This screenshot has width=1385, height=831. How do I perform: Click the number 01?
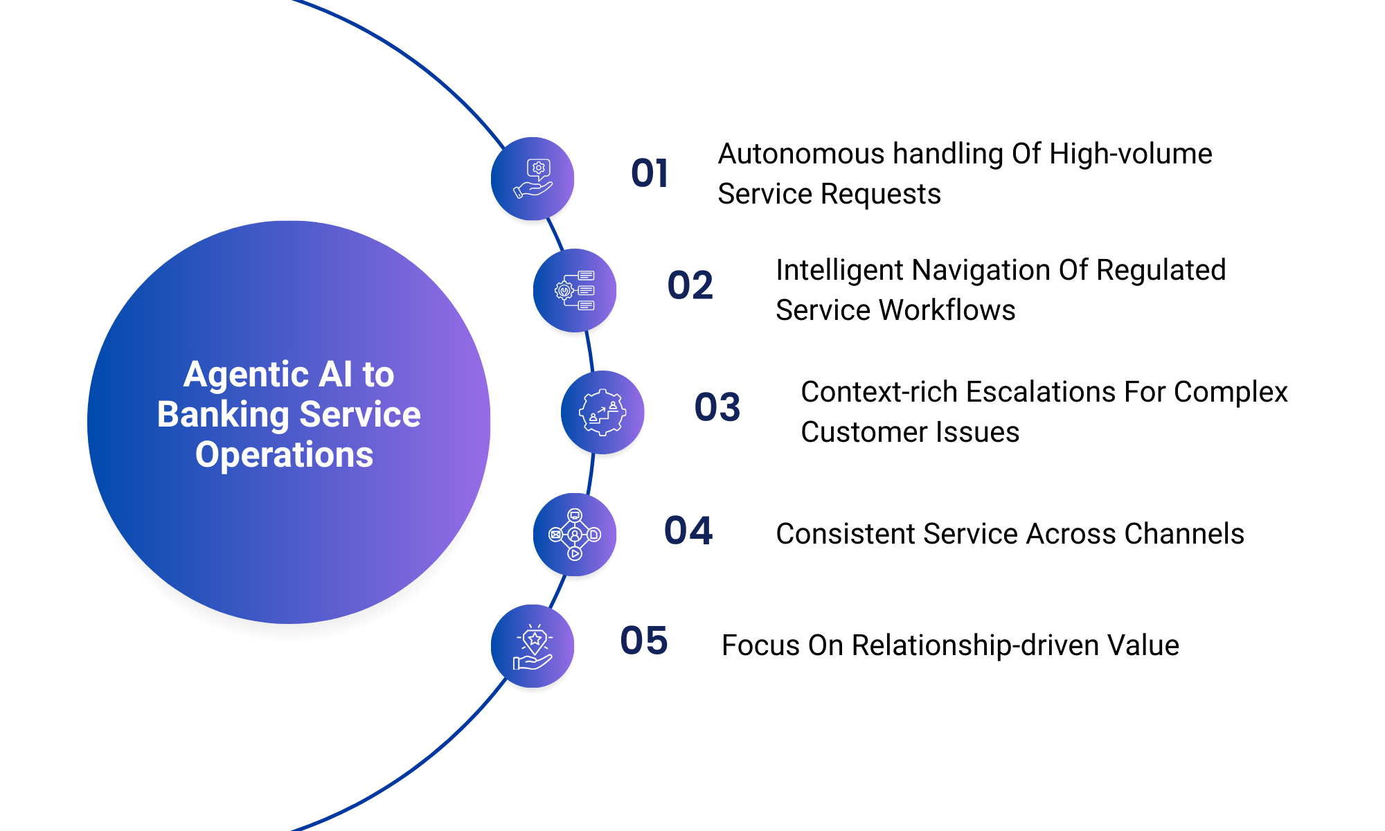(649, 173)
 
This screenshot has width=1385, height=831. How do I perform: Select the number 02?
(690, 285)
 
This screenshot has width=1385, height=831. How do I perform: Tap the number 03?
(717, 407)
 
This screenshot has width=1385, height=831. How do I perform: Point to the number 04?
(688, 531)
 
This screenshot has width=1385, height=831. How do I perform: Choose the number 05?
(643, 641)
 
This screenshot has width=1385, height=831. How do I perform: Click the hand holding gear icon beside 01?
(533, 179)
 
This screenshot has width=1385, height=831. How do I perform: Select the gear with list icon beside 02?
(575, 290)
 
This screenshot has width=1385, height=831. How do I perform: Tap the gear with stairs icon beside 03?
(602, 412)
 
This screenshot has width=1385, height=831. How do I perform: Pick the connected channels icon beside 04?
(575, 534)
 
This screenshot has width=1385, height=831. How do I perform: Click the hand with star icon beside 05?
(533, 646)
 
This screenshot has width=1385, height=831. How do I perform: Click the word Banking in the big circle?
(223, 415)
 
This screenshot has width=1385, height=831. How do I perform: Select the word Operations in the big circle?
(284, 455)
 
